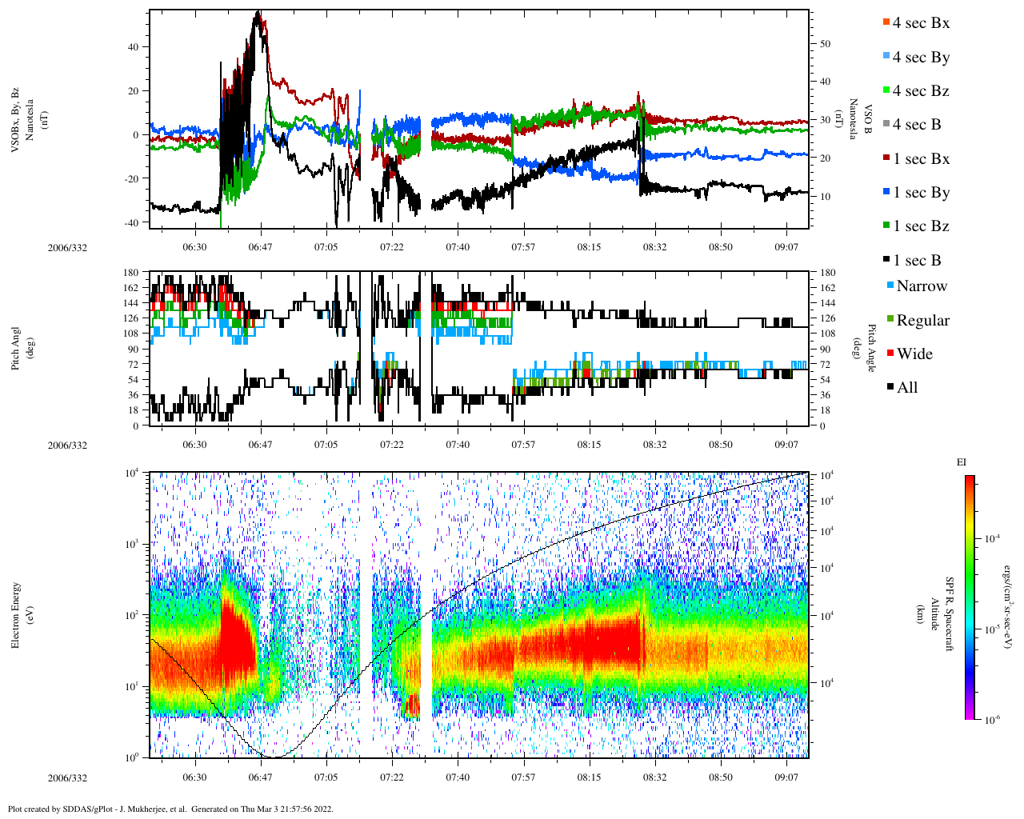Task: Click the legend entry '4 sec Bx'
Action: (920, 23)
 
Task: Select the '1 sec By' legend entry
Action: (920, 193)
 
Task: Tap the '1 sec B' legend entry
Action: (916, 261)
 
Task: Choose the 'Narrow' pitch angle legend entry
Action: (921, 286)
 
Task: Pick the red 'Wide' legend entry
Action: (914, 354)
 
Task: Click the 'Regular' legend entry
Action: (922, 321)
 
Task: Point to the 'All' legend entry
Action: (906, 388)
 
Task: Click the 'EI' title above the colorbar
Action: (962, 462)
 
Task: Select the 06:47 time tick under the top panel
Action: (260, 247)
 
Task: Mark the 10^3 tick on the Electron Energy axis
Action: (131, 544)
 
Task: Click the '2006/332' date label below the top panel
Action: (67, 248)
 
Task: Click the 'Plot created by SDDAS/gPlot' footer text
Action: (170, 809)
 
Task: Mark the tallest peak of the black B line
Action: (258, 12)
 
